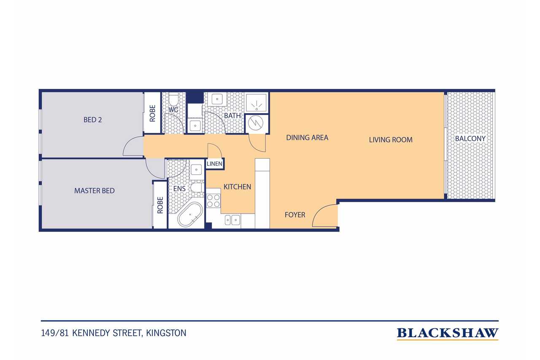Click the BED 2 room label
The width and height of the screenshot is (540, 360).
92,119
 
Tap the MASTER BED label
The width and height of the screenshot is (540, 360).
94,191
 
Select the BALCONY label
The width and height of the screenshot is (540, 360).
470,139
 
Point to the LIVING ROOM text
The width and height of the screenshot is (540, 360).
391,140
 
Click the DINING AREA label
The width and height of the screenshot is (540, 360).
307,138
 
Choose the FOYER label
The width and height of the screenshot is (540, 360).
295,214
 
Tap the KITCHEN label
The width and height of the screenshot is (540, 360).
237,187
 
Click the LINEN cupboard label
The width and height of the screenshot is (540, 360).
214,164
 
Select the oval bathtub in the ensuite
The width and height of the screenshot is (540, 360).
190,214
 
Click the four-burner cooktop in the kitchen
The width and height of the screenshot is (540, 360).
213,200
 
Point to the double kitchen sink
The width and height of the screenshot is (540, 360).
232,220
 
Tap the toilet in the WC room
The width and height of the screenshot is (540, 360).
173,99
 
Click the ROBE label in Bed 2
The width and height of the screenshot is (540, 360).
152,114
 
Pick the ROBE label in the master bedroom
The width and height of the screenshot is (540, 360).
160,205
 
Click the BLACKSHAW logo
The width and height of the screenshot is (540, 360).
448,333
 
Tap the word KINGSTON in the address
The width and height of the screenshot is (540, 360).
166,333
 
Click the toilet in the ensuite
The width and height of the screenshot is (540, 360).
197,187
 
